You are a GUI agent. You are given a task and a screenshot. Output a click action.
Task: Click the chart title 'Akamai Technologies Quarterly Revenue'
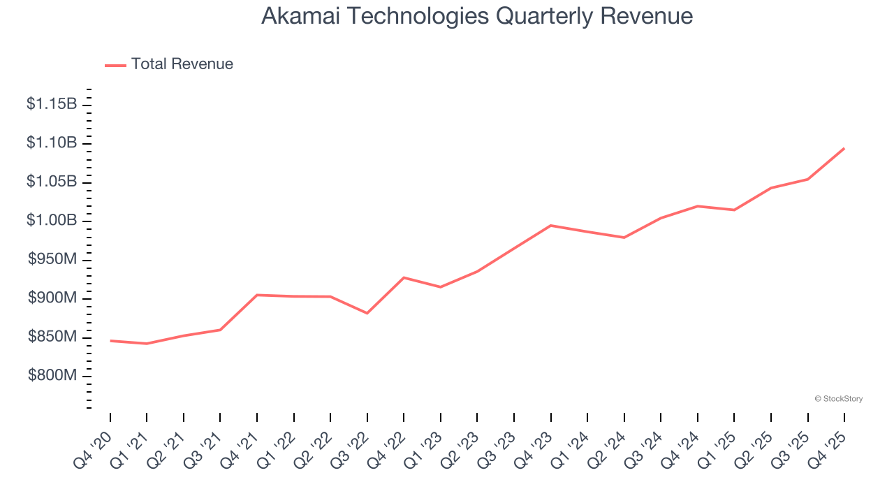(x=477, y=16)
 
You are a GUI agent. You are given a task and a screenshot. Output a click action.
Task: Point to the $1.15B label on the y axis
(x=52, y=104)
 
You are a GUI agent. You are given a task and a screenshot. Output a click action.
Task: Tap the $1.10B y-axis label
(x=52, y=143)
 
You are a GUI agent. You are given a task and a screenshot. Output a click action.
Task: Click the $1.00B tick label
(x=52, y=221)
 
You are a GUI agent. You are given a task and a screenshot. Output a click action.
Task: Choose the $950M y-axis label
(x=52, y=260)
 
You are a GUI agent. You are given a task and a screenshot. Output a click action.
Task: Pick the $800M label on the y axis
(x=52, y=376)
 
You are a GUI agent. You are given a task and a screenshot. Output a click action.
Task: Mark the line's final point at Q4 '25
(x=844, y=148)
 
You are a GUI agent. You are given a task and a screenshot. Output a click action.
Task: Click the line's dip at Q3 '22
(x=367, y=313)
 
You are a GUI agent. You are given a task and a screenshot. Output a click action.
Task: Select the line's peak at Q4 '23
(x=551, y=225)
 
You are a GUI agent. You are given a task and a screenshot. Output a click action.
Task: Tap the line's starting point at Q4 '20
(x=110, y=340)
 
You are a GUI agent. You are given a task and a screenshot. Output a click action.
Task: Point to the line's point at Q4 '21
(x=257, y=295)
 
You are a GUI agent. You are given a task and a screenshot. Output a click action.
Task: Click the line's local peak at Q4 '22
(x=404, y=277)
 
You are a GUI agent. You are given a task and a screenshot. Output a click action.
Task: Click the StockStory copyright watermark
(x=838, y=399)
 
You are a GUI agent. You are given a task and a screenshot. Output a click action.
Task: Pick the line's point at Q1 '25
(x=734, y=210)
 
